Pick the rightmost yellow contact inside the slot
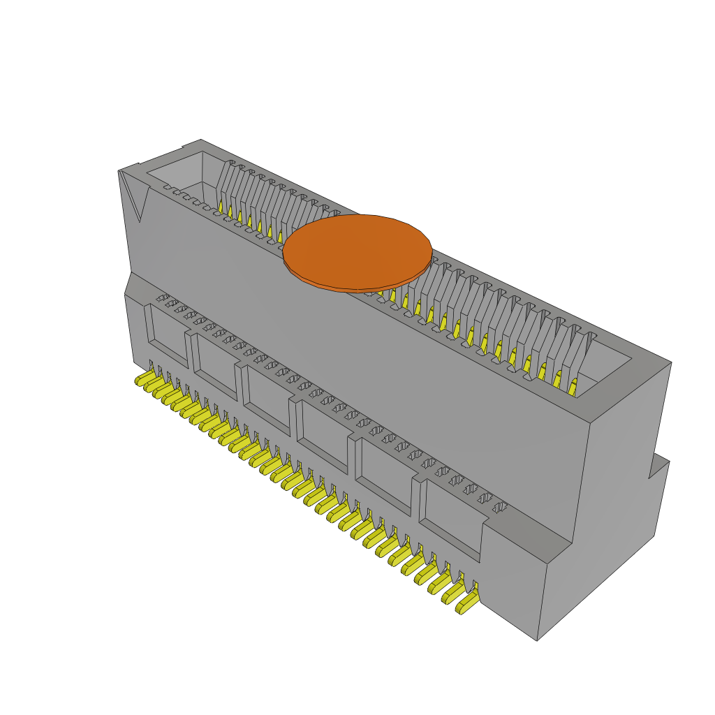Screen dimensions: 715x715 pyautogui.click(x=573, y=386)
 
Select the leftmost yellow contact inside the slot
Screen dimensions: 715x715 pyautogui.click(x=221, y=207)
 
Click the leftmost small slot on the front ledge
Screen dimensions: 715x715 pyautogui.click(x=162, y=298)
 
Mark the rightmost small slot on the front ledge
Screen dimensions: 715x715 pyautogui.click(x=500, y=508)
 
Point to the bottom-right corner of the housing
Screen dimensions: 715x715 pyautogui.click(x=537, y=640)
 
